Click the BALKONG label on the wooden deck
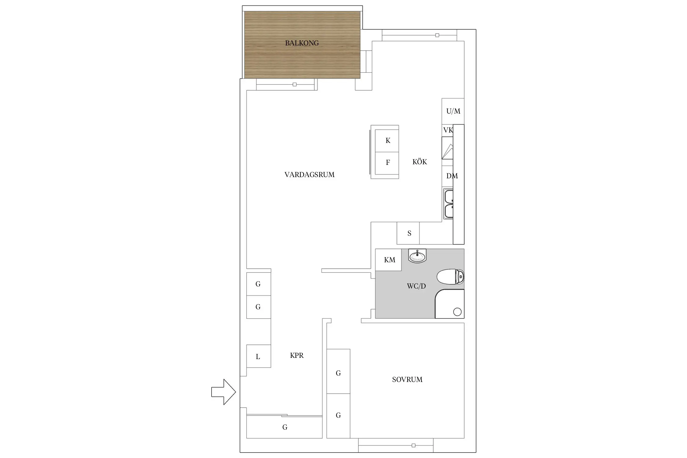(302, 43)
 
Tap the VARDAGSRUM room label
(309, 175)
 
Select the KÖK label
(420, 162)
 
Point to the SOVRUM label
(407, 380)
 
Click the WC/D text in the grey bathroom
(416, 286)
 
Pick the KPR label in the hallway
(296, 355)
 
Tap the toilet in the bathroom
(450, 277)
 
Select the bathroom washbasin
(417, 256)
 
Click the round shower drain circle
(457, 312)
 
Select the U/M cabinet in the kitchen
(453, 111)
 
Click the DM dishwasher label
(452, 176)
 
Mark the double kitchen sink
(448, 204)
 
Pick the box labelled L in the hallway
(258, 356)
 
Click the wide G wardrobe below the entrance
(285, 427)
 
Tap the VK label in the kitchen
(448, 130)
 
